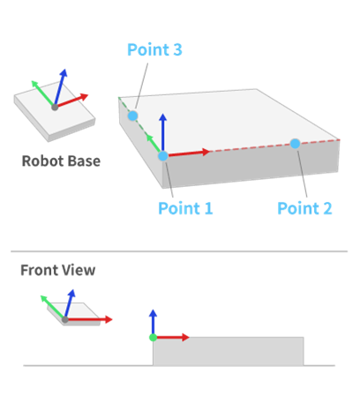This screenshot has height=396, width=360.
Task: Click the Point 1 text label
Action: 184,209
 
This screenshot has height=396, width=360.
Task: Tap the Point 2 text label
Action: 304,209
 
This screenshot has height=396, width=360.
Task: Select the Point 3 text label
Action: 154,50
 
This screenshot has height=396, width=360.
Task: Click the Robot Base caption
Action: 61,161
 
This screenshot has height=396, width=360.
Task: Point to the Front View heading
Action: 58,270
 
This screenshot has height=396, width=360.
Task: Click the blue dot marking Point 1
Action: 163,156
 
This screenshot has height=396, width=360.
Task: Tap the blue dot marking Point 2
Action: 295,143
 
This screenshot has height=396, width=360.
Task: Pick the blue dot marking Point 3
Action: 132,116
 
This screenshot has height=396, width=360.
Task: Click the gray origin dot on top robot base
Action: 55,107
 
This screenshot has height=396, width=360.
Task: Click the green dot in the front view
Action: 153,337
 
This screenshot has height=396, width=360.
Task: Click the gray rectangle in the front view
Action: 229,350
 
